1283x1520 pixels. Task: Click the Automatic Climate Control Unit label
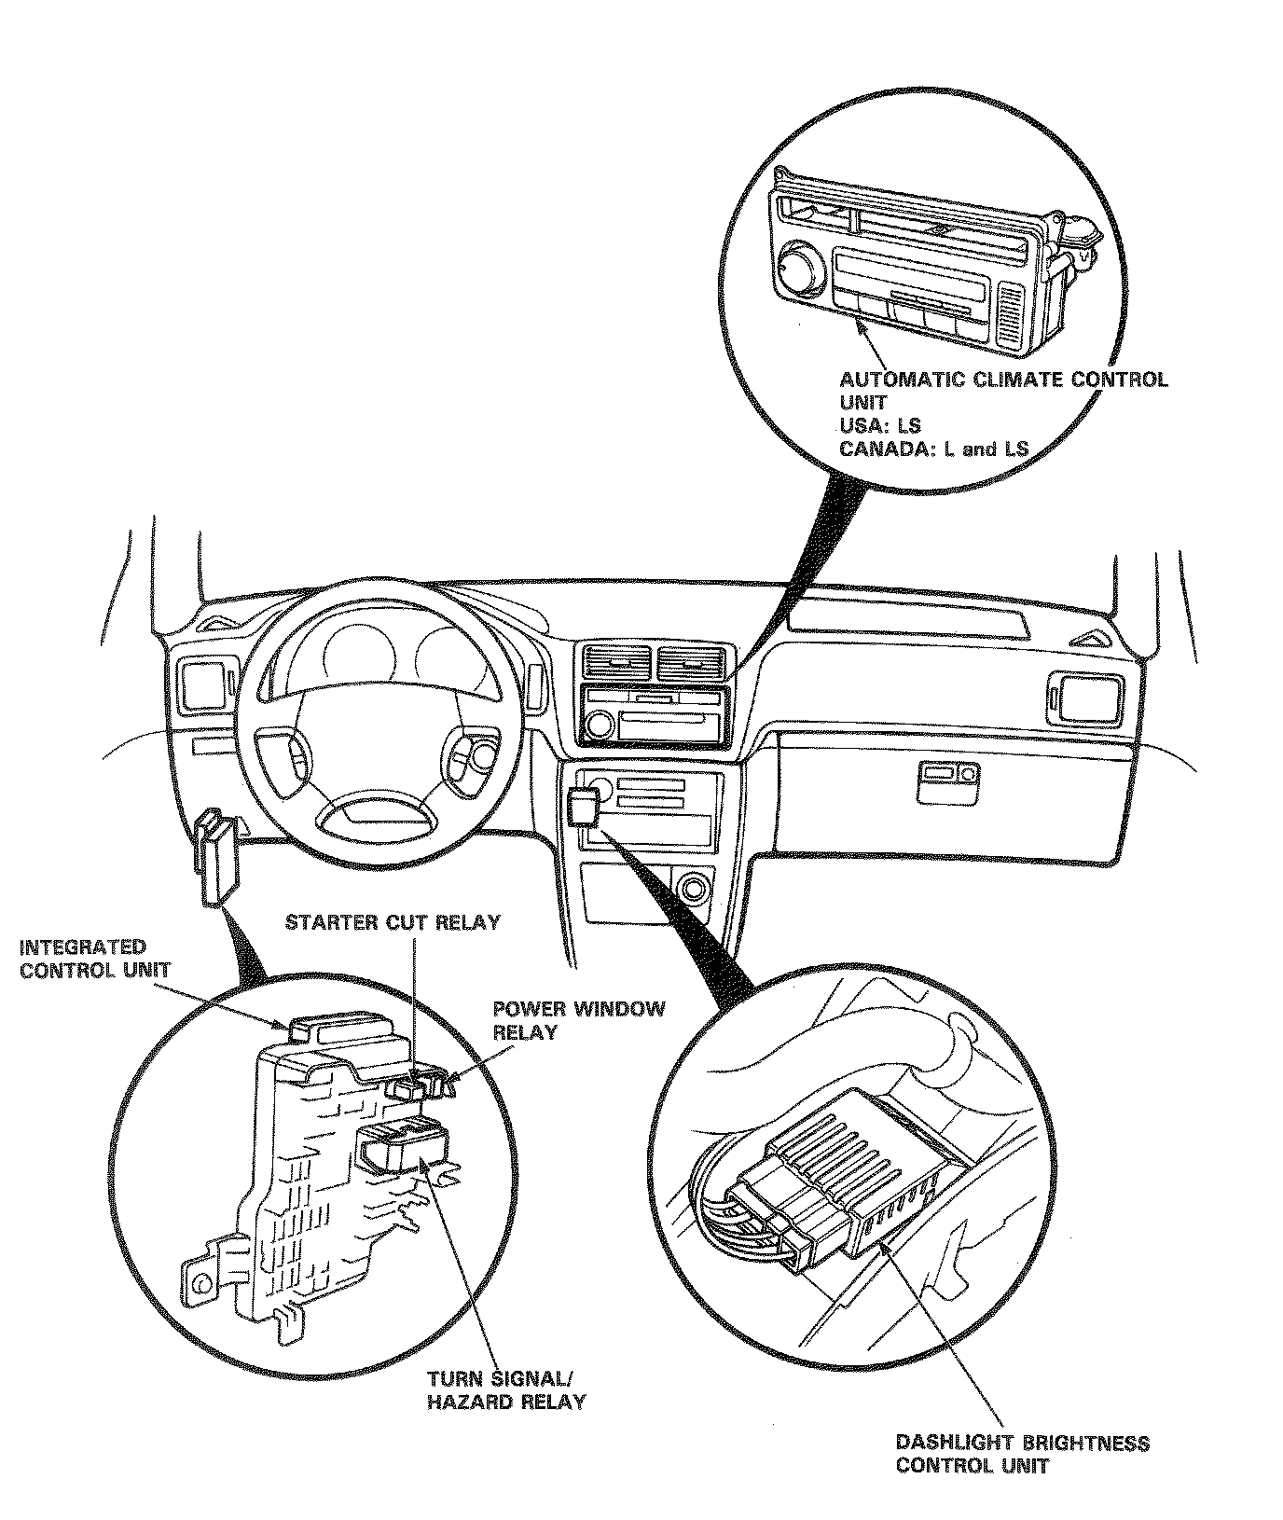point(1002,392)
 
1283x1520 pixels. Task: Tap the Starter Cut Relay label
point(393,922)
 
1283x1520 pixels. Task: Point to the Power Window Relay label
point(578,1020)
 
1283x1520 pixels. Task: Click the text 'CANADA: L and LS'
point(933,449)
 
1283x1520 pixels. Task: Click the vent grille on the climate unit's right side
point(1011,313)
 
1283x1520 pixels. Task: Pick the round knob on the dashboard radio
point(600,724)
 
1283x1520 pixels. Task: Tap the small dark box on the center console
point(584,804)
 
